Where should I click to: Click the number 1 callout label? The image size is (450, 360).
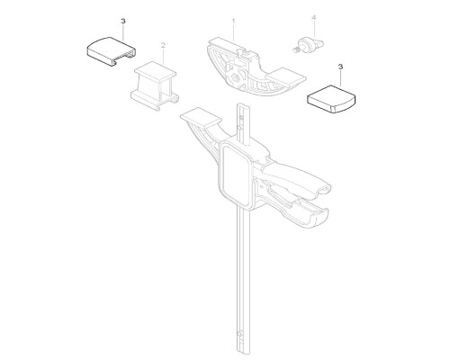[233, 22]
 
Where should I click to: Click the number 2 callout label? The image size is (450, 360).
[163, 45]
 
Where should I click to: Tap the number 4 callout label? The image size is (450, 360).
[314, 18]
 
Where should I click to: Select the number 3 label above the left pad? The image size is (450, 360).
[123, 22]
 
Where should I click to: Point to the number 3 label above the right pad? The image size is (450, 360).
[340, 67]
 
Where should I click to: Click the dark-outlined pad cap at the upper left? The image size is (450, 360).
[112, 51]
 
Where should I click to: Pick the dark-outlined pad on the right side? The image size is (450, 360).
[331, 99]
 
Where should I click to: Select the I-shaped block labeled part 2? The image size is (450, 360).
[155, 85]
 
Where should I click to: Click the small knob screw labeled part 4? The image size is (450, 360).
[308, 45]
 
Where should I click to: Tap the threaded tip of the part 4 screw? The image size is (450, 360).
[296, 50]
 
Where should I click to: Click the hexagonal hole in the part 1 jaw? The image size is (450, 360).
[235, 80]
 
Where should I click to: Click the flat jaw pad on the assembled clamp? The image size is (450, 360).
[201, 117]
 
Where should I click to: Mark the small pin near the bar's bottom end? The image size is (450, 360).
[239, 334]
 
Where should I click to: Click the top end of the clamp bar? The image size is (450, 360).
[242, 105]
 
